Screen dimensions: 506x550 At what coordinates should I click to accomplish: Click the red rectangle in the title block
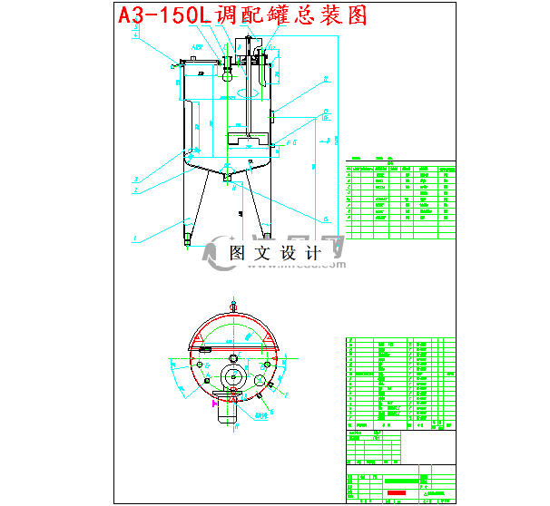397,492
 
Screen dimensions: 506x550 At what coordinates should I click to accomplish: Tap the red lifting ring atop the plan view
234,305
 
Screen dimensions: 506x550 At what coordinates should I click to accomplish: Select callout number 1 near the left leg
135,238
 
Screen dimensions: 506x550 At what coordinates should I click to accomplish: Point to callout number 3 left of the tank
135,180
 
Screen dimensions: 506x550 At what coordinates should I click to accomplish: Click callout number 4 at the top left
135,34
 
